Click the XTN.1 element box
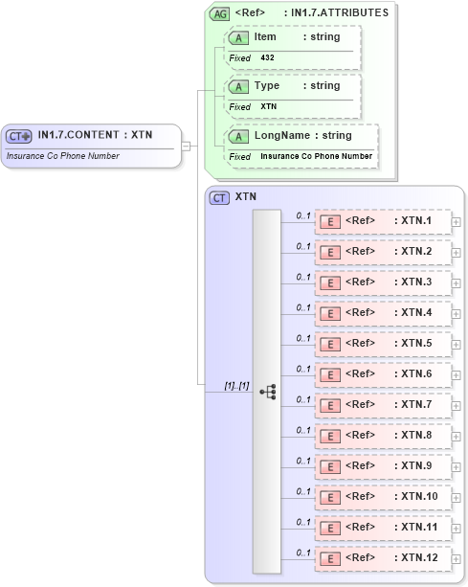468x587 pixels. [x=383, y=222]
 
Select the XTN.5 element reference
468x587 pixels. [x=383, y=344]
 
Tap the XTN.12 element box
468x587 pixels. [x=383, y=557]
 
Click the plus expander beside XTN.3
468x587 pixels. [x=457, y=283]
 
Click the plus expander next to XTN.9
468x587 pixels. [x=457, y=466]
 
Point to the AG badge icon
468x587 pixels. [x=220, y=13]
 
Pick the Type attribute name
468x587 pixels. [x=267, y=85]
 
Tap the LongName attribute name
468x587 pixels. [x=277, y=135]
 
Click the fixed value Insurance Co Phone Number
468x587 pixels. [x=317, y=156]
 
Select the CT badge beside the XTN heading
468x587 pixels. [x=219, y=197]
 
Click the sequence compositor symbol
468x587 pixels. [x=267, y=392]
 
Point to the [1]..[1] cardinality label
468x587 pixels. [x=236, y=385]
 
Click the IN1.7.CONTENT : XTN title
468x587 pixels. [x=95, y=135]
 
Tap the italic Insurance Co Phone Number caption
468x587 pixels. [x=63, y=154]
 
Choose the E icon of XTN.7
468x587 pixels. [x=329, y=405]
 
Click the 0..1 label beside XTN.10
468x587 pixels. [x=303, y=491]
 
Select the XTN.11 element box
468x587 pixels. [x=383, y=527]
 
